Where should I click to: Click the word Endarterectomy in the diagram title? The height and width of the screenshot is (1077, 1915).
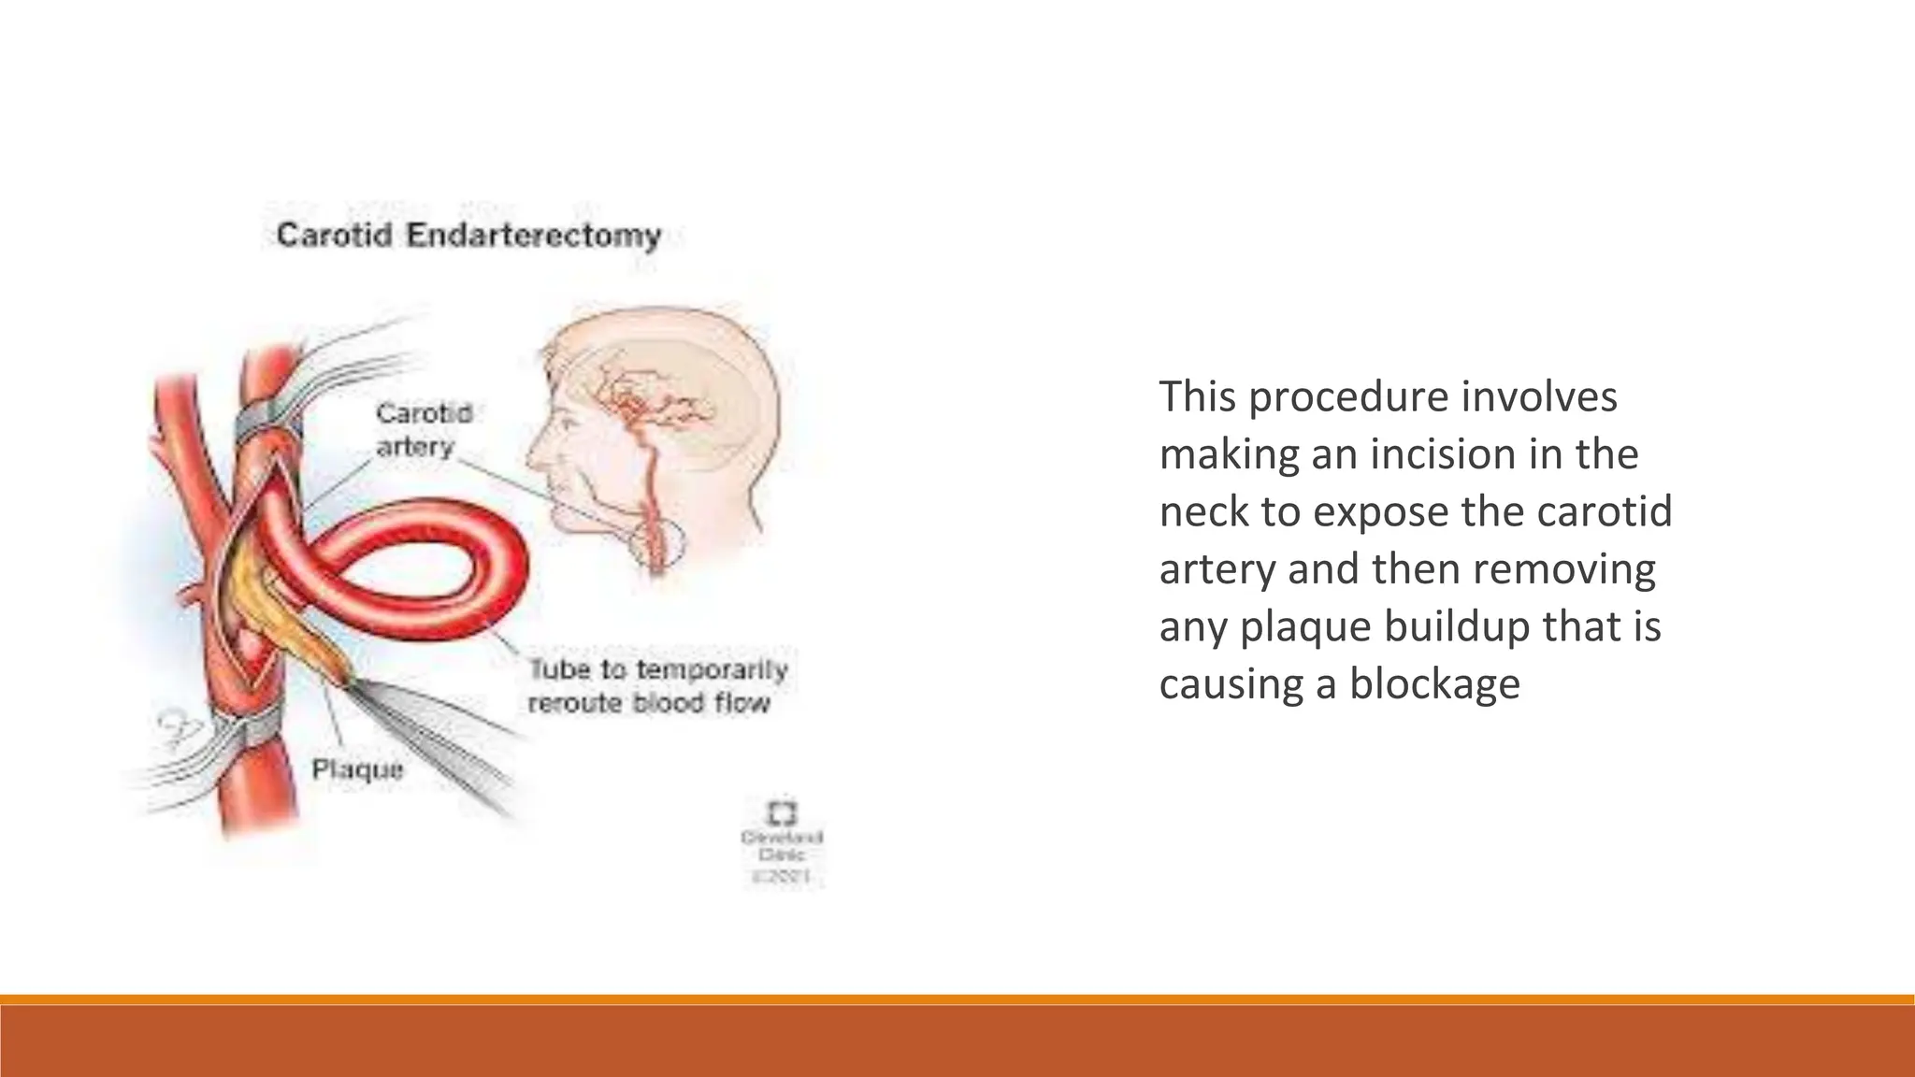click(534, 235)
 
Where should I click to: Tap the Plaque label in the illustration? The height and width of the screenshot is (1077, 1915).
click(357, 769)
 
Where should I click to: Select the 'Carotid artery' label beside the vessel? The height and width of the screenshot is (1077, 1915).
click(423, 429)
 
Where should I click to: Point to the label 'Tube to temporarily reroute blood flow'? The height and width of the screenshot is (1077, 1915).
click(657, 686)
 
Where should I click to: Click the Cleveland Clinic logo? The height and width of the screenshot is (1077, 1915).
click(782, 811)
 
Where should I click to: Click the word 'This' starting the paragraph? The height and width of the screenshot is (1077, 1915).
click(1198, 396)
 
